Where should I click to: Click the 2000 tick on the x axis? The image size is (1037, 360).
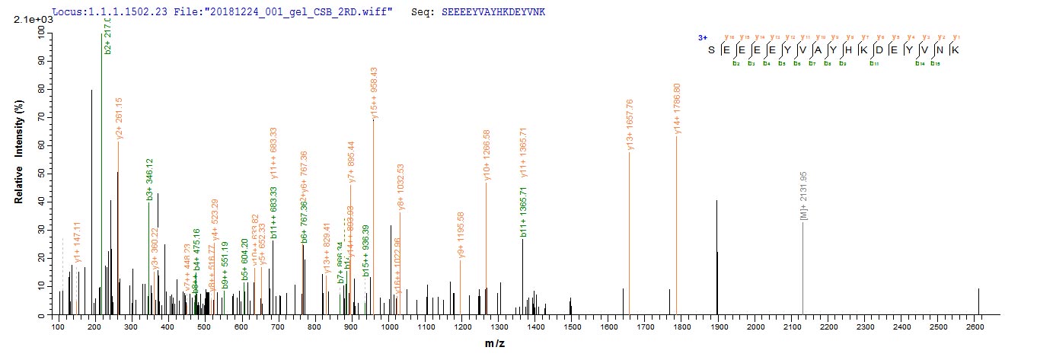755,327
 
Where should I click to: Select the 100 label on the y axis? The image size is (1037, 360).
37,30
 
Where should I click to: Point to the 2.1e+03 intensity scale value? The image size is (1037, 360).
28,19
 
